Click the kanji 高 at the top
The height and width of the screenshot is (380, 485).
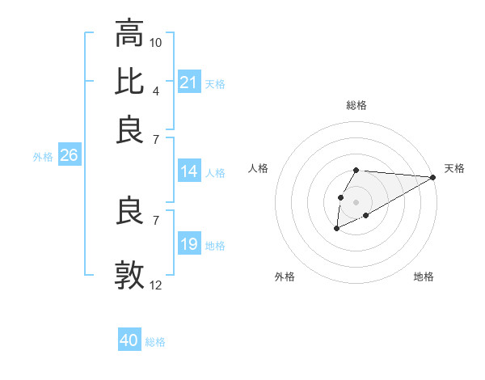[129, 34]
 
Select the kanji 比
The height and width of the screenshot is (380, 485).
[129, 82]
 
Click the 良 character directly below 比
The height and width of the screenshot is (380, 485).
[129, 130]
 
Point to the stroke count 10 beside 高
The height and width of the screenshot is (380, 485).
[156, 42]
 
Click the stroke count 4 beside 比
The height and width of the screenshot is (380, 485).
[155, 90]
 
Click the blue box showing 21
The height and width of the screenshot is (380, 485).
[189, 82]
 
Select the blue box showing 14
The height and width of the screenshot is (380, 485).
[189, 171]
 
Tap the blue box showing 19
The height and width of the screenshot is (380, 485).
[189, 244]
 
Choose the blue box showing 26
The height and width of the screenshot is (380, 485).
[69, 156]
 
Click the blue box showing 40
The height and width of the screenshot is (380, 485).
[129, 340]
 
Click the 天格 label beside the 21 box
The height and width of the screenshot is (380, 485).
[215, 83]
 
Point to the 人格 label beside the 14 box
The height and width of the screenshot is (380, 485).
[215, 172]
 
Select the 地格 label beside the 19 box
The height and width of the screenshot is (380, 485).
[215, 245]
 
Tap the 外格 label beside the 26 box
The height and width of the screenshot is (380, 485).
[43, 157]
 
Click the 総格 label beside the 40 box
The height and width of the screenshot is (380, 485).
[155, 341]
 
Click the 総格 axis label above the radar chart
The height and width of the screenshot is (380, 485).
[356, 105]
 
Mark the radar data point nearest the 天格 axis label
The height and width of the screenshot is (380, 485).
[432, 177]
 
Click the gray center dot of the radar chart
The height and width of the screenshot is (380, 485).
[356, 201]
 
